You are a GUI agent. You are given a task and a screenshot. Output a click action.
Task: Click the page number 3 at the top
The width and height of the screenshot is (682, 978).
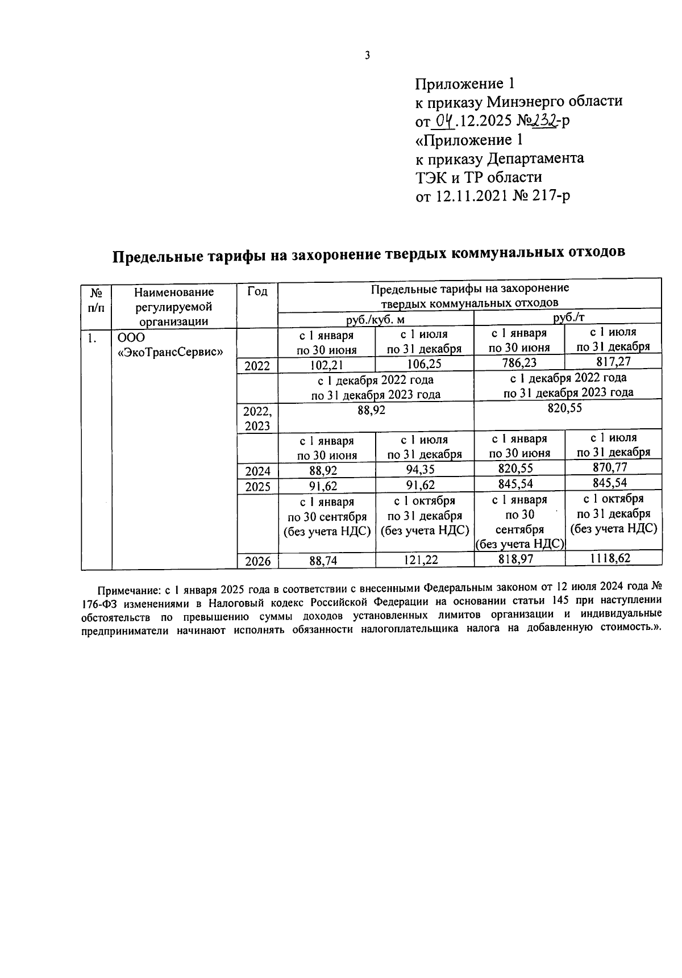(x=367, y=55)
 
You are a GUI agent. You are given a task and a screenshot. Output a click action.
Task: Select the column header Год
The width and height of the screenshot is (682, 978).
(x=257, y=291)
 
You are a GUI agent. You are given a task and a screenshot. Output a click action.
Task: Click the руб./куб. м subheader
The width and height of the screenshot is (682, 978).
(x=375, y=320)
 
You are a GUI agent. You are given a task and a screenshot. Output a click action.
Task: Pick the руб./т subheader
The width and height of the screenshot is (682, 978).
(x=568, y=319)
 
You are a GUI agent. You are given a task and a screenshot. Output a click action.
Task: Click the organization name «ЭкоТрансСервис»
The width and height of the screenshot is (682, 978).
(x=169, y=352)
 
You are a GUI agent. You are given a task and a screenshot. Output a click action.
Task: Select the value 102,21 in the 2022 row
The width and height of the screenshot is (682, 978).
(x=327, y=365)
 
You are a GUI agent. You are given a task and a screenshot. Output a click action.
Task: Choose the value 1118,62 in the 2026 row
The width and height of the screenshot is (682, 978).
(x=613, y=558)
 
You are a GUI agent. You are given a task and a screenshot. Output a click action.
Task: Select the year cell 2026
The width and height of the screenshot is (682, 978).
(x=257, y=561)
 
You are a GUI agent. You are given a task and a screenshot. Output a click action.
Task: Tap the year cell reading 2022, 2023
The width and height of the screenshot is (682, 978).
(x=257, y=419)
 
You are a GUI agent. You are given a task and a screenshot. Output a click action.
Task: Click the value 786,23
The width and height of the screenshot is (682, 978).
(x=519, y=363)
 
